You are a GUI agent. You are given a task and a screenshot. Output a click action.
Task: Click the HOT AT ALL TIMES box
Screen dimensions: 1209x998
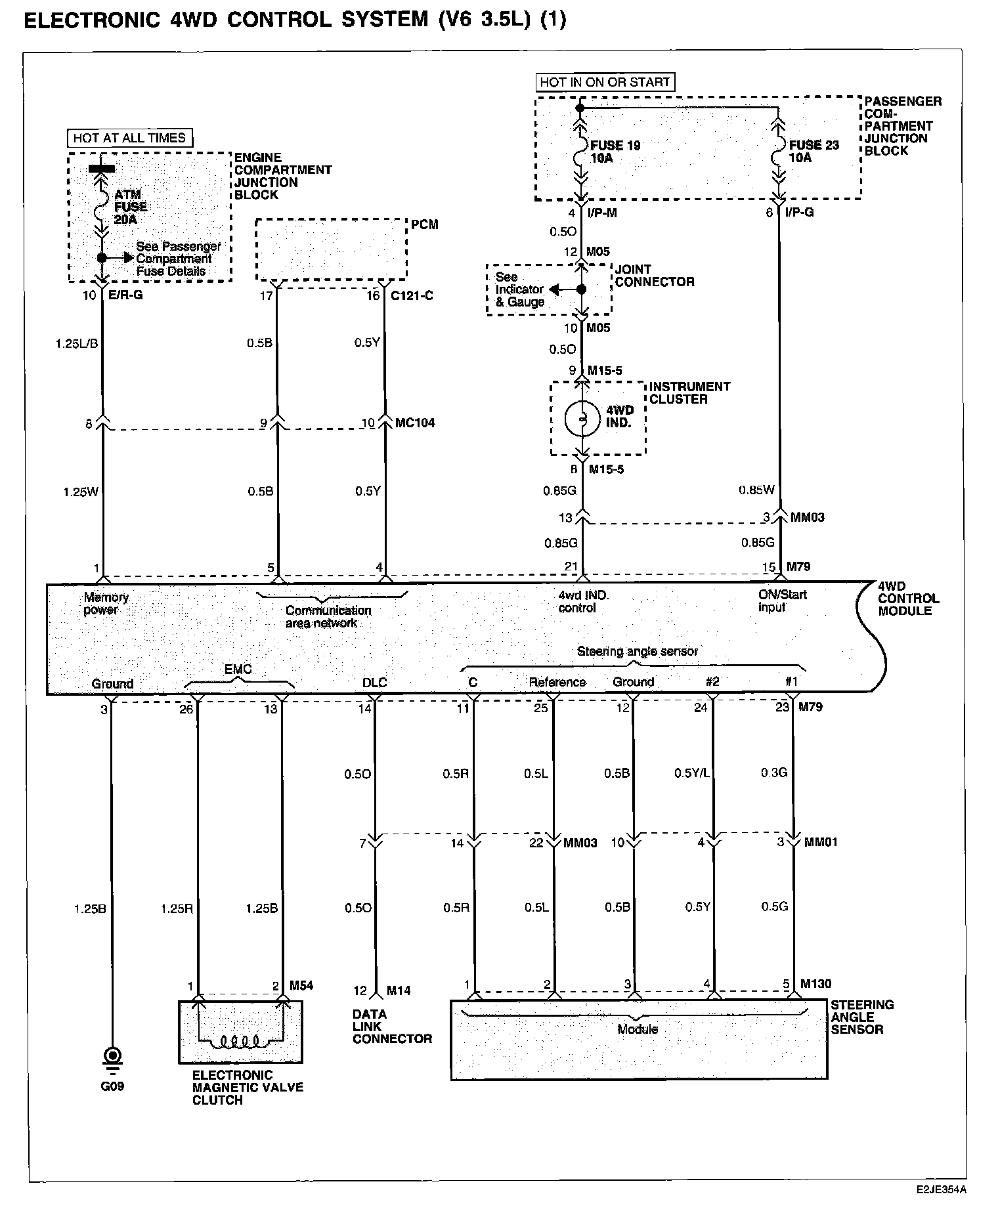coord(129,138)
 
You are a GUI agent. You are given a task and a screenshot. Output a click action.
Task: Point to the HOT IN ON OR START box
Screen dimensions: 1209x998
coord(604,82)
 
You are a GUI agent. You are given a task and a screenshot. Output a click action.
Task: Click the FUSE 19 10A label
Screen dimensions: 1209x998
coord(615,152)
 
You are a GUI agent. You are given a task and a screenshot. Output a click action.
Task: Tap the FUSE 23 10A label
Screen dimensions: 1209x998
coord(814,152)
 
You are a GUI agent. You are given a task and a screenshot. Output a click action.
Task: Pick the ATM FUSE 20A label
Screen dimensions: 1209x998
coord(130,207)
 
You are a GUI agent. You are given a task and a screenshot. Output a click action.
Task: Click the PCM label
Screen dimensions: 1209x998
coord(424,224)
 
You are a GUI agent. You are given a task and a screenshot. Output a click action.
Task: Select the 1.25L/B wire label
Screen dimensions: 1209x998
coord(77,343)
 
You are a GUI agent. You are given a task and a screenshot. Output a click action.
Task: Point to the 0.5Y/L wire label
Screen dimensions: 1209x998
coord(691,773)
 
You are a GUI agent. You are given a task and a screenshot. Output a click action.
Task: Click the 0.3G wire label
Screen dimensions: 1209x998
coord(773,773)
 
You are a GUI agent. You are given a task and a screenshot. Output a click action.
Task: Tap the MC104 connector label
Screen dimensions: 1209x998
coord(414,423)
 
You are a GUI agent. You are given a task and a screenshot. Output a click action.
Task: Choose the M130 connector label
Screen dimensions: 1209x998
coord(815,984)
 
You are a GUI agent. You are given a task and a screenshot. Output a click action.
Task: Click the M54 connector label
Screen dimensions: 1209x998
coord(301,986)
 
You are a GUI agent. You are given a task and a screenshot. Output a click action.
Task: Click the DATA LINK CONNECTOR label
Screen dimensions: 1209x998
coord(392,1027)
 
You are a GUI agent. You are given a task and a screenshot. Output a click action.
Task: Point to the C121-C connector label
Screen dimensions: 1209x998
coord(412,296)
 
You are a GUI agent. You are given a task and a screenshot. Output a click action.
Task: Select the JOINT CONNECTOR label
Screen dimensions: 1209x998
coord(654,276)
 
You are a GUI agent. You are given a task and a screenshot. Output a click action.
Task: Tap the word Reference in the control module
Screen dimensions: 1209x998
coord(557,683)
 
